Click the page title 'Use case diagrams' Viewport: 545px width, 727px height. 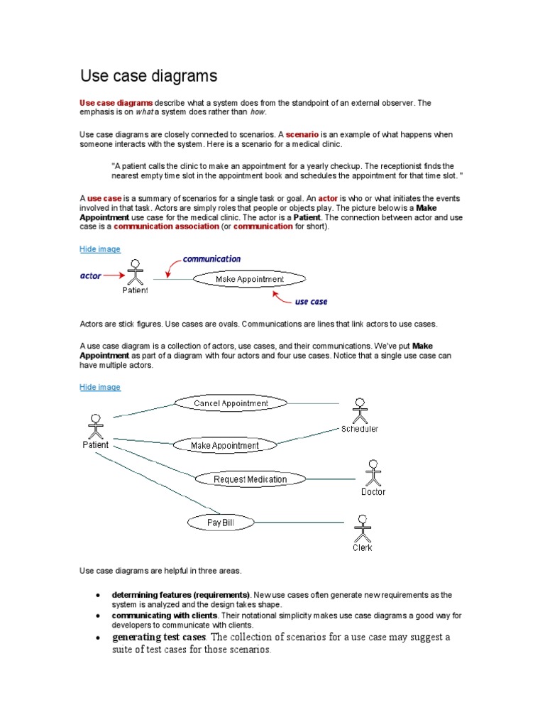148,75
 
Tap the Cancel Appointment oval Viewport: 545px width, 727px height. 231,403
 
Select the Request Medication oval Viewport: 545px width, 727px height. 250,479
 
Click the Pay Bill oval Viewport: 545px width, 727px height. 220,523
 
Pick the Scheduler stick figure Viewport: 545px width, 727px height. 360,410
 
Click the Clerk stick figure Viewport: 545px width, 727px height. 362,528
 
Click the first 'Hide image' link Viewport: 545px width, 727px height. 100,249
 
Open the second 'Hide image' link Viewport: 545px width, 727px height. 100,387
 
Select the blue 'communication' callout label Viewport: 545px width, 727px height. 211,259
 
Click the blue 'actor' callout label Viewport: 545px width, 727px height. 90,275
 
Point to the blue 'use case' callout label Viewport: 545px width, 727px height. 311,302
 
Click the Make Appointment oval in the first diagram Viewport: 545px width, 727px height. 249,280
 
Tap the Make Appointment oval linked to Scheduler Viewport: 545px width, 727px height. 225,446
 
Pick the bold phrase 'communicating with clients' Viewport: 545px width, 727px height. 164,614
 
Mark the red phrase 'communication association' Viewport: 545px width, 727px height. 167,226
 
